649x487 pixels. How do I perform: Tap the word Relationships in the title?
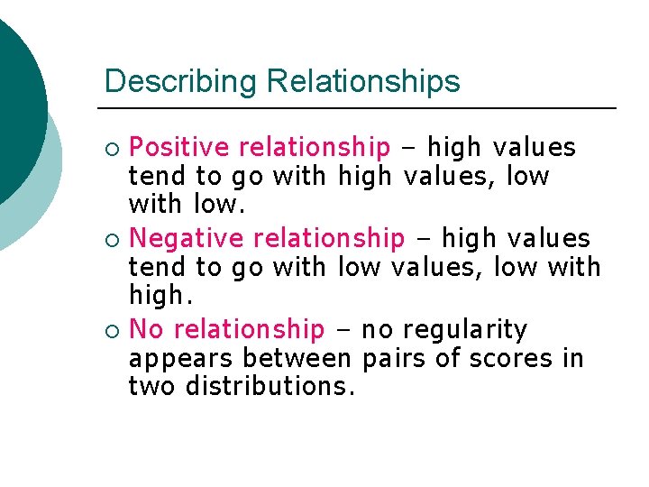point(363,82)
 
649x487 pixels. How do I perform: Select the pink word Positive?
point(181,147)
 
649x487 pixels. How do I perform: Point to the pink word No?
point(147,330)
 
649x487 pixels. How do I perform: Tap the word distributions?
point(270,387)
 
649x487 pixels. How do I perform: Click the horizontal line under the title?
point(361,108)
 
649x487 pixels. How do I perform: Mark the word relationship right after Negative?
point(329,239)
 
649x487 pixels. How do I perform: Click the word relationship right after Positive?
point(315,147)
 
